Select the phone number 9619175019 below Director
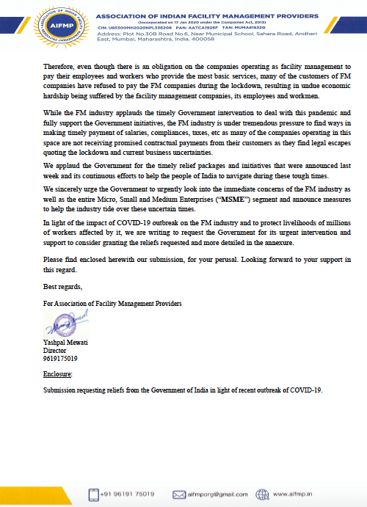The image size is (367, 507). tap(62, 359)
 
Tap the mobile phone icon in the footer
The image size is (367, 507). tap(93, 494)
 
